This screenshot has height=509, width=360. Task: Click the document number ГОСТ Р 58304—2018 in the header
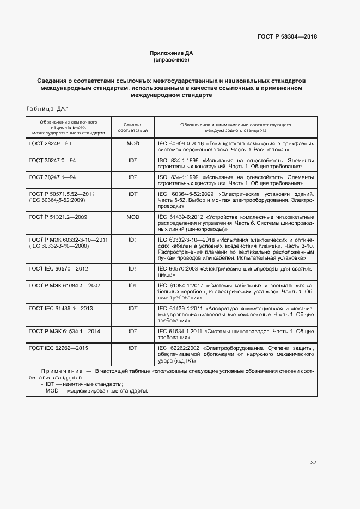tap(287, 36)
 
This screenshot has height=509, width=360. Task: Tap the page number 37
tap(313, 463)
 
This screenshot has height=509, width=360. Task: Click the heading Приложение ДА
tap(172, 53)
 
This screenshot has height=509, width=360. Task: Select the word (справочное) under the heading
tap(172, 60)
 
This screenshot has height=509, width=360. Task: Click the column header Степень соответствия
tap(133, 127)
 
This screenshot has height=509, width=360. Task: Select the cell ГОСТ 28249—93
tap(50, 143)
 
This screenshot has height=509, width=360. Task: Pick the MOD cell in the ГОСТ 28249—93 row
tap(133, 143)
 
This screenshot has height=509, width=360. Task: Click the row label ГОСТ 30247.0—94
tap(52, 161)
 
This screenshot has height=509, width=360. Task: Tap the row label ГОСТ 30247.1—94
tap(52, 177)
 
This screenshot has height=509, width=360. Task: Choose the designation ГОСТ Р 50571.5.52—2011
tap(62, 194)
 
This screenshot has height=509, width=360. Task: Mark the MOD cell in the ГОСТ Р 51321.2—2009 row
tap(133, 217)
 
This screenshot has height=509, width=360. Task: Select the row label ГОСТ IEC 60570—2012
tap(58, 269)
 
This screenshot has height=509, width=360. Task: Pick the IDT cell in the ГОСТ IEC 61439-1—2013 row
tap(133, 308)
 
